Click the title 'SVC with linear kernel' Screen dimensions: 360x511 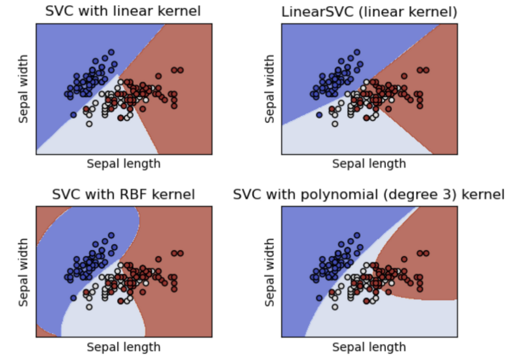(x=123, y=11)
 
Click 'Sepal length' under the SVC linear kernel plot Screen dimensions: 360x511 (x=124, y=164)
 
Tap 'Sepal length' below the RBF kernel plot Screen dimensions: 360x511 (x=124, y=347)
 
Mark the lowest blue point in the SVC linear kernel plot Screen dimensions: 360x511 (x=74, y=115)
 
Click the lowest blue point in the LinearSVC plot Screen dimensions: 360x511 (x=319, y=115)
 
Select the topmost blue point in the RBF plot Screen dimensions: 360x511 (x=111, y=235)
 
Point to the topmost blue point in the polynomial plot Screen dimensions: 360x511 (x=356, y=235)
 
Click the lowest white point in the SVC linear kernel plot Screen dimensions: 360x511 (x=89, y=124)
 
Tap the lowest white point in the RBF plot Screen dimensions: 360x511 (x=89, y=307)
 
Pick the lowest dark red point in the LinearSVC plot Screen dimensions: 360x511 (x=366, y=118)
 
